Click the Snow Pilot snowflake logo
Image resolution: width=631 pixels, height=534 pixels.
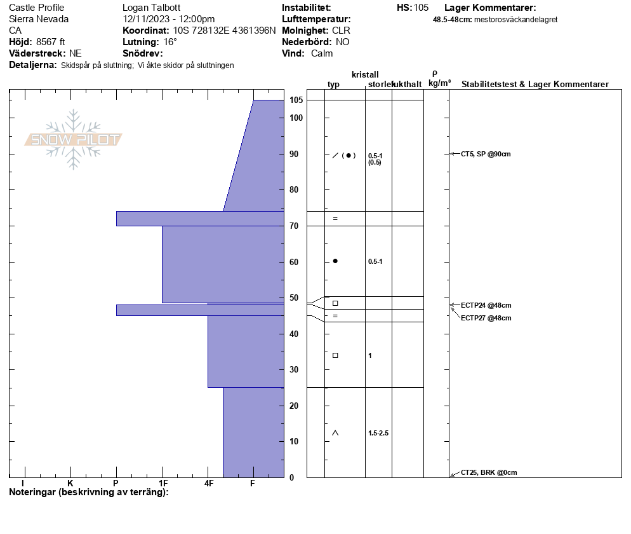(x=73, y=139)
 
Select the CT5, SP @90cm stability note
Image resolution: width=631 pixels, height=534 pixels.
(x=486, y=154)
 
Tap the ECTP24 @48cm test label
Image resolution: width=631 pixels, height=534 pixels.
(x=486, y=305)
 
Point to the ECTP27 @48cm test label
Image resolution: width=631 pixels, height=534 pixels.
(x=486, y=318)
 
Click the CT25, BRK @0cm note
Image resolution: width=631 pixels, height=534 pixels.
(x=489, y=472)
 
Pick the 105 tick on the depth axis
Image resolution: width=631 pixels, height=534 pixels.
(x=296, y=100)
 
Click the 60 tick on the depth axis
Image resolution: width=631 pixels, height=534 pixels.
(x=294, y=262)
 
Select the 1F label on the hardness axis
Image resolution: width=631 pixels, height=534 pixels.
(x=163, y=483)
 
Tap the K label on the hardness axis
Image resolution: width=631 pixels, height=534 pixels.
(x=70, y=483)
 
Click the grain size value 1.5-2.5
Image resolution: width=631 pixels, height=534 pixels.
(x=378, y=433)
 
